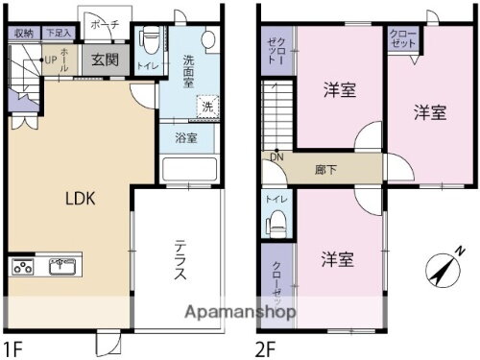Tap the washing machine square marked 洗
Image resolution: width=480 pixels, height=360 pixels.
(x=206, y=107)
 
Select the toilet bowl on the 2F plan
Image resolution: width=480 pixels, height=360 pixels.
(x=276, y=222)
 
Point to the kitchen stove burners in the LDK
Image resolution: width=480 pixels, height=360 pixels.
(x=26, y=266)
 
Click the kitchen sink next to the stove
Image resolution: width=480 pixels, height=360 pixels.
(x=62, y=265)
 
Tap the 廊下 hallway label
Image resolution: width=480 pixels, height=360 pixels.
(x=325, y=170)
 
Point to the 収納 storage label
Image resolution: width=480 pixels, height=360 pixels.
(x=24, y=33)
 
